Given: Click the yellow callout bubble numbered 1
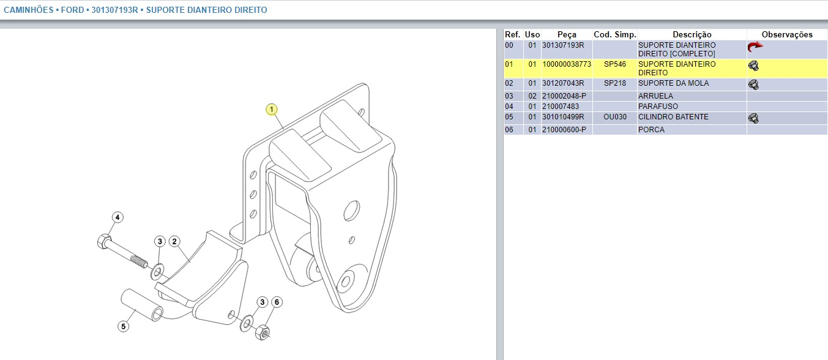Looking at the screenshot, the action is tap(272, 110).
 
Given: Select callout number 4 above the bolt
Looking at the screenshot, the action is tap(117, 217).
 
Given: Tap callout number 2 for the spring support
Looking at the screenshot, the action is tap(174, 242).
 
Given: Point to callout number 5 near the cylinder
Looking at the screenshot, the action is tap(124, 326).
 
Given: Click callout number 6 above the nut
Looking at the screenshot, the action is tap(277, 302).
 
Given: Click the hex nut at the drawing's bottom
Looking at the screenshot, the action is tap(263, 332).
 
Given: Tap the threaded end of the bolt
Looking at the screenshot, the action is tap(140, 261).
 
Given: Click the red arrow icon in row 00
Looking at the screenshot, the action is tap(755, 47).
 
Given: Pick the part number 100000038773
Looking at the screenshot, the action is tap(567, 64).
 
